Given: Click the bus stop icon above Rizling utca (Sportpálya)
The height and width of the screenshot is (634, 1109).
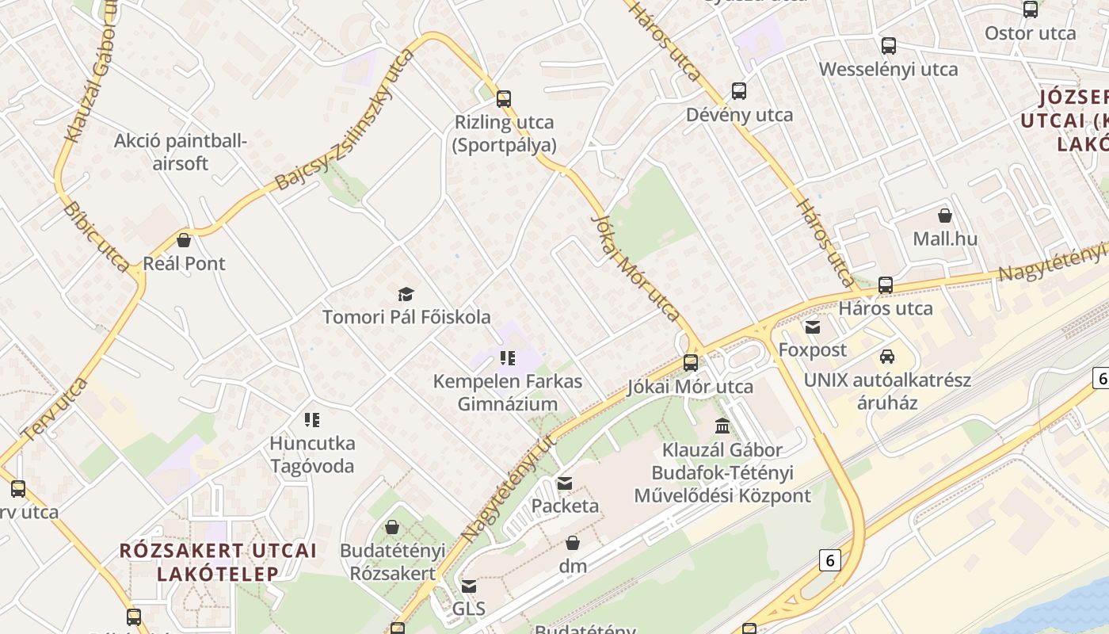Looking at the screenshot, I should click(x=503, y=99).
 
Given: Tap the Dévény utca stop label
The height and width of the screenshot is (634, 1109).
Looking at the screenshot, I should click(x=739, y=115).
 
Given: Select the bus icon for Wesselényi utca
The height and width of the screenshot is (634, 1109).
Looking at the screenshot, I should click(x=889, y=46).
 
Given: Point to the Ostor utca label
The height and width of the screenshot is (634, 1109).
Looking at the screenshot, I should click(x=1030, y=33).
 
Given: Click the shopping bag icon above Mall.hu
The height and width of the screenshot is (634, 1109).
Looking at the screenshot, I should click(x=944, y=216).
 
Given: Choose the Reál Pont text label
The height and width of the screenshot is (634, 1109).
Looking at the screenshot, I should click(x=184, y=264).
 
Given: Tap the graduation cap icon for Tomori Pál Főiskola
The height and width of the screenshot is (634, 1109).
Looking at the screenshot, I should click(x=406, y=295).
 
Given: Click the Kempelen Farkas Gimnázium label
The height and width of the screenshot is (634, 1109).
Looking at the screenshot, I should click(x=508, y=392).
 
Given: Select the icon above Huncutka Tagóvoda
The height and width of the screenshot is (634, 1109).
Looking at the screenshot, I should click(x=312, y=419).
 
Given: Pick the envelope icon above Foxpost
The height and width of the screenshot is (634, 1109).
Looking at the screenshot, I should click(x=812, y=327).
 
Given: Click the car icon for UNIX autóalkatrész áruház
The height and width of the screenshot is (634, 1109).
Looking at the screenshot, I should click(x=887, y=357).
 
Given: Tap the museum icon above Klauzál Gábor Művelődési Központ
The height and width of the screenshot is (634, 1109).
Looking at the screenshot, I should click(x=722, y=426).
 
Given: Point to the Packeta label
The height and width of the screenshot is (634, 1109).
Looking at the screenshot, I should click(x=565, y=506).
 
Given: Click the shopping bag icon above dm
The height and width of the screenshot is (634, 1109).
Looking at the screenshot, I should click(x=572, y=543).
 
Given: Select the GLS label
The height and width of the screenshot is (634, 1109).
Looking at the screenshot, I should click(x=468, y=609).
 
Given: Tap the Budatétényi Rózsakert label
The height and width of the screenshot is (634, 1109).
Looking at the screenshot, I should click(x=392, y=561).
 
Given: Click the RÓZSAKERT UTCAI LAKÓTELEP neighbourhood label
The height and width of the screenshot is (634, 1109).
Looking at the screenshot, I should click(x=218, y=561).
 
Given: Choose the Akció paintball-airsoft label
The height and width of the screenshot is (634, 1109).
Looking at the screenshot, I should click(x=181, y=152).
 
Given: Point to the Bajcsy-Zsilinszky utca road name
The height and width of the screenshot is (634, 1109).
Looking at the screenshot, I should click(x=345, y=120).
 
